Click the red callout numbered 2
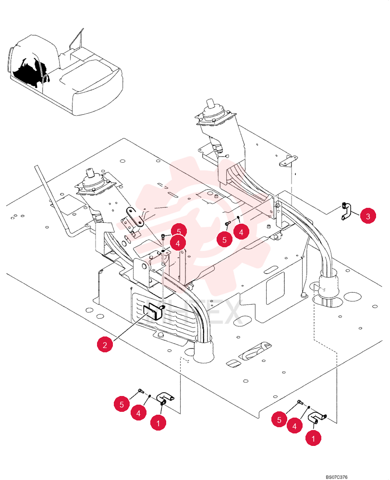click(x=105, y=345)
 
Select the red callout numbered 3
click(x=368, y=216)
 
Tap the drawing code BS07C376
click(x=336, y=477)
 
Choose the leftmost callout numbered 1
click(x=158, y=423)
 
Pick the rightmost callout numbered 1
click(x=313, y=438)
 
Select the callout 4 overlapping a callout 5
click(x=178, y=243)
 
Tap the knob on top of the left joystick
click(x=90, y=172)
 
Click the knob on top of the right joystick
click(x=210, y=103)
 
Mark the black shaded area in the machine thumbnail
click(x=28, y=72)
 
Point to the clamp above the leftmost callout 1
click(x=165, y=399)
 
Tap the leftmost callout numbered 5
click(x=122, y=404)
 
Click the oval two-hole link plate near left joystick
click(x=134, y=216)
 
